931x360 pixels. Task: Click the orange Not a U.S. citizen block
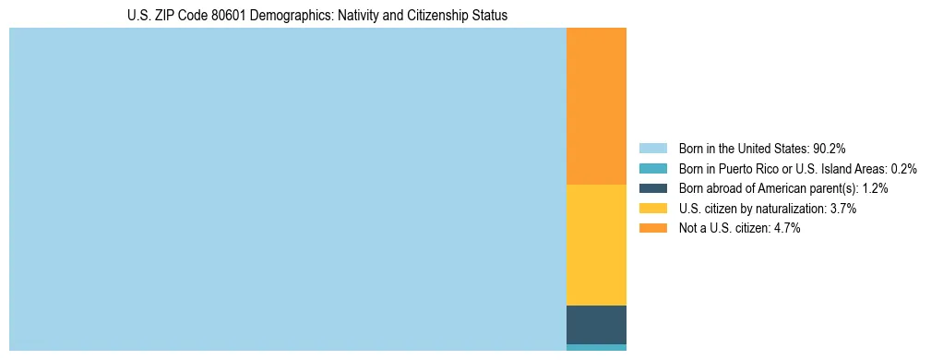(596, 106)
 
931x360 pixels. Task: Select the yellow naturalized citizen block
(596, 245)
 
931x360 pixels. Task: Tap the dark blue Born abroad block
(596, 324)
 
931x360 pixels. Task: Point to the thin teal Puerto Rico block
(596, 347)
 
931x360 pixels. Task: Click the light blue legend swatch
(652, 149)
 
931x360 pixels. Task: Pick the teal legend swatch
(652, 169)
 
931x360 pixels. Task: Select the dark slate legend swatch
(652, 188)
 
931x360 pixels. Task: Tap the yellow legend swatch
(652, 209)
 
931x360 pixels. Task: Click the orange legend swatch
(652, 229)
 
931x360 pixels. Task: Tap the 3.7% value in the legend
(841, 209)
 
